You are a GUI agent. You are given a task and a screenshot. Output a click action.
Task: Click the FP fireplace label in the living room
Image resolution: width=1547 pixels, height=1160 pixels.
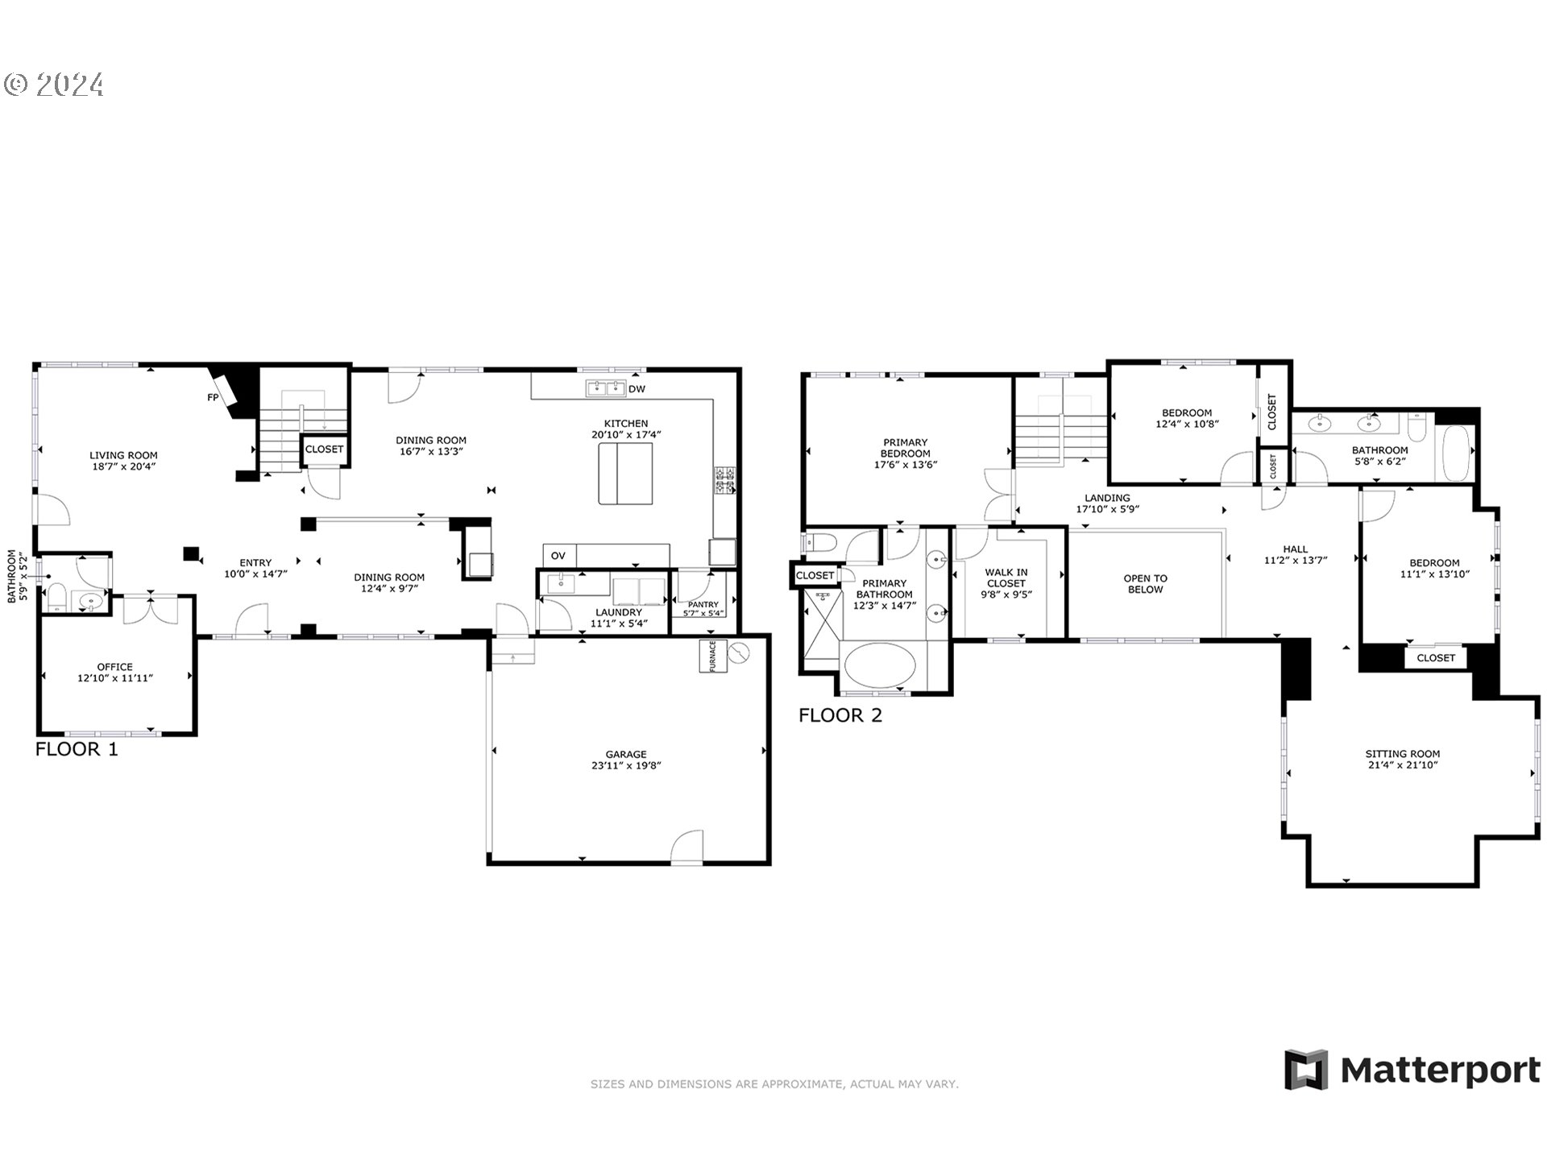click(x=213, y=397)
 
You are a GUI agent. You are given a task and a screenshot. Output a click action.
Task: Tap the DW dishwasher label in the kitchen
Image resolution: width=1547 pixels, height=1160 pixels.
click(x=637, y=389)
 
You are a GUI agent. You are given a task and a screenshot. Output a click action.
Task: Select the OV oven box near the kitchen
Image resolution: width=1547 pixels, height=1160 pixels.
click(x=558, y=556)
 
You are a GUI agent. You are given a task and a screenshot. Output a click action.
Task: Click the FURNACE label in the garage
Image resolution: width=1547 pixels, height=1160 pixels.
click(x=713, y=657)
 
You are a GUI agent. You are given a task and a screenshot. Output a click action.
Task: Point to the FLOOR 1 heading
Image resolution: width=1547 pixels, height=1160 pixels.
click(x=77, y=749)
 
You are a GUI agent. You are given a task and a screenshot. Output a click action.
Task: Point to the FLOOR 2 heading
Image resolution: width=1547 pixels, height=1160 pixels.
click(x=840, y=715)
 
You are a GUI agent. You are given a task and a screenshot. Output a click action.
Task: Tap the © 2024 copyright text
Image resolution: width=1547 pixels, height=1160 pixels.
click(x=54, y=85)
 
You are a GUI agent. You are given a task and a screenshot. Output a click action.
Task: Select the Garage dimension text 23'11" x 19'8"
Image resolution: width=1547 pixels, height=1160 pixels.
click(x=626, y=766)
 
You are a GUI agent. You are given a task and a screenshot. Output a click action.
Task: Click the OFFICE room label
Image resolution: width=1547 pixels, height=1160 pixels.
click(x=114, y=667)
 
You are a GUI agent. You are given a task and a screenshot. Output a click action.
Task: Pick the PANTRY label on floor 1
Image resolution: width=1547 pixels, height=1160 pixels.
click(x=703, y=604)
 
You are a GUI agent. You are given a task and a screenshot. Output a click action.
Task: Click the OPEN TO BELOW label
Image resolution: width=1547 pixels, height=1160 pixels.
click(x=1145, y=584)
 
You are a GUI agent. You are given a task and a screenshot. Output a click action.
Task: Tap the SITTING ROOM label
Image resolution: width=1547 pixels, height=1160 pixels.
click(x=1402, y=754)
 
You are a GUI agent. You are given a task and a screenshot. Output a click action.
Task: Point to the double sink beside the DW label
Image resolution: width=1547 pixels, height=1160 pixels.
click(x=605, y=389)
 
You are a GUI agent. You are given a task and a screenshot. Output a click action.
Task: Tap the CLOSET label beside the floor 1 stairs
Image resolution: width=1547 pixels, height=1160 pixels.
click(x=324, y=449)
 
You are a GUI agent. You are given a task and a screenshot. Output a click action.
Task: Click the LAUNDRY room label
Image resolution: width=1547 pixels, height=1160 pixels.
click(x=618, y=612)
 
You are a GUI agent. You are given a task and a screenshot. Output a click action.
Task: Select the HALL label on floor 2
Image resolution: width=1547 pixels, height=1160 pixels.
click(x=1295, y=549)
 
